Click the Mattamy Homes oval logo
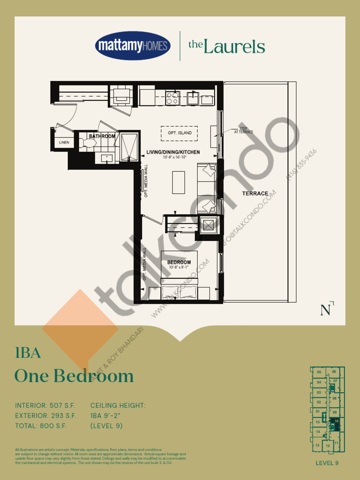[x=133, y=46]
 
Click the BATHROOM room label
[x=102, y=136]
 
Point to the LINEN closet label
[x=63, y=142]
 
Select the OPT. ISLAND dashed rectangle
[x=180, y=133]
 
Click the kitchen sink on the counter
[x=193, y=98]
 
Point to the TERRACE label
[x=255, y=193]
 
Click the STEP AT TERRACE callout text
[x=243, y=131]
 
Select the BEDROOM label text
[x=179, y=262]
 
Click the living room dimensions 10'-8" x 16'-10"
[x=173, y=157]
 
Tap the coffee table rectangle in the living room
[x=178, y=182]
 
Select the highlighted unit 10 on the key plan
[x=336, y=421]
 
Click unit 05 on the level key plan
[x=319, y=372]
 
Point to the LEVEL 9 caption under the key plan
[x=327, y=463]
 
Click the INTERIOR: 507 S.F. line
[x=45, y=405]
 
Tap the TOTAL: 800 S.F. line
[x=41, y=426]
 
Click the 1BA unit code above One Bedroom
[x=28, y=353]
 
